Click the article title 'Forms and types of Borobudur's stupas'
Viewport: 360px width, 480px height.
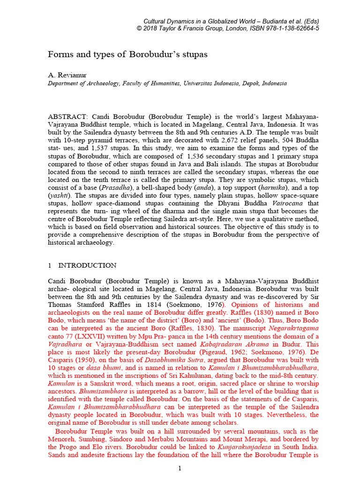point(127,54)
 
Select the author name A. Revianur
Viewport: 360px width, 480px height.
point(67,75)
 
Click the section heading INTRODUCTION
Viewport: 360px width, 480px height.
point(88,265)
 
